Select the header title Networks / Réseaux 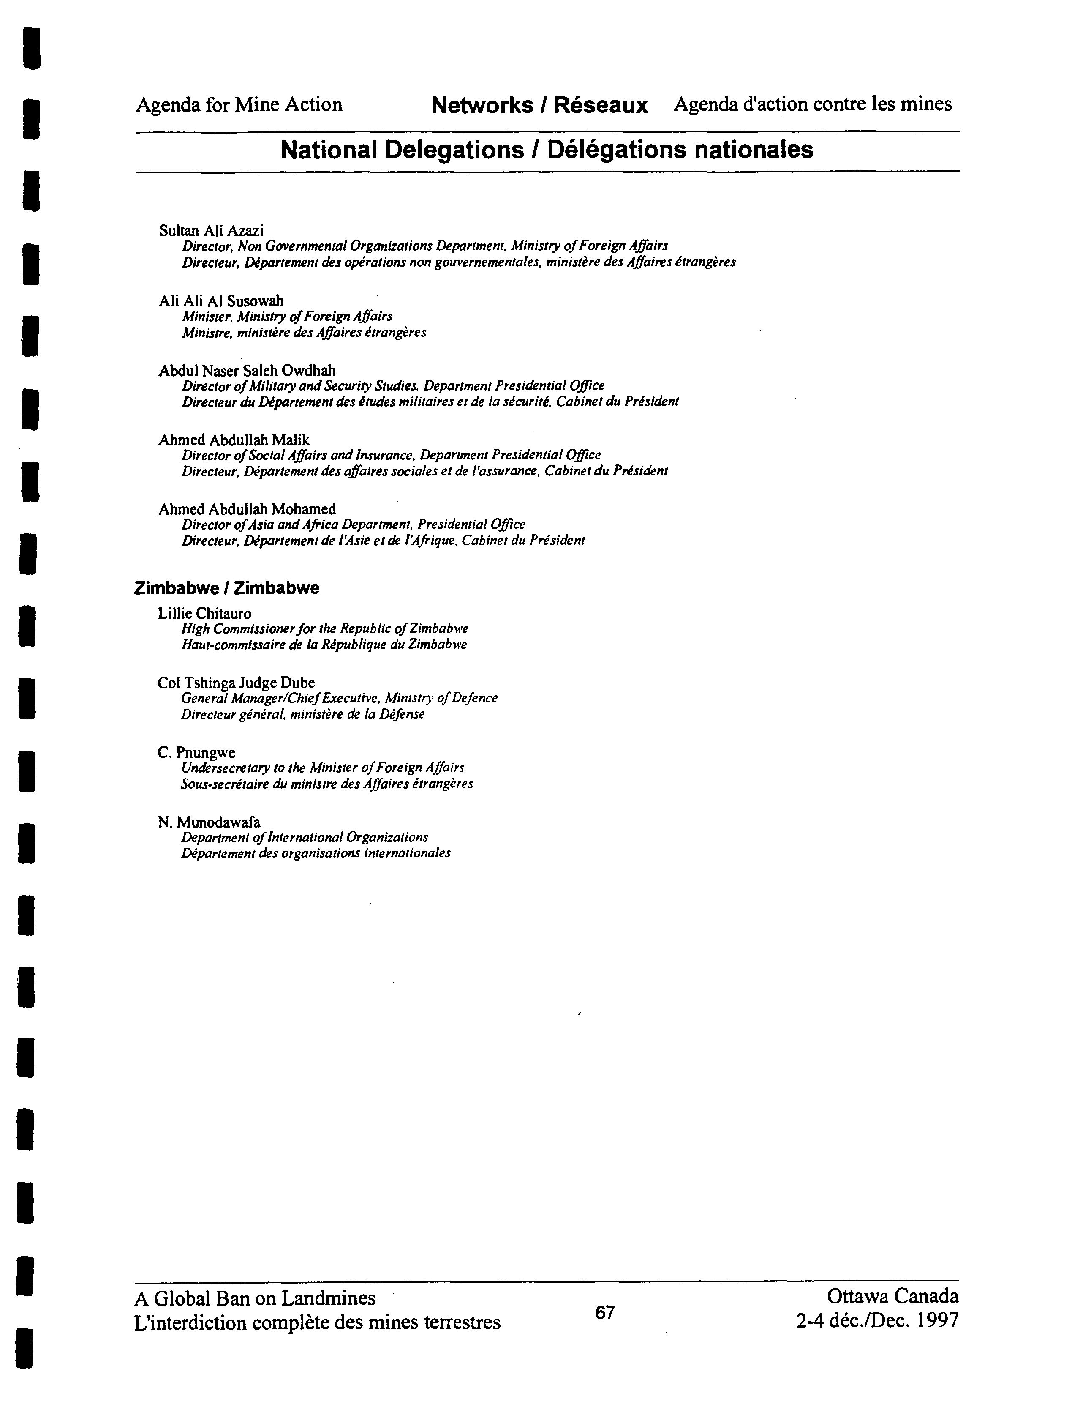click(539, 105)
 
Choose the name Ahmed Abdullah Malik click(234, 440)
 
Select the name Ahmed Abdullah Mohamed click(247, 509)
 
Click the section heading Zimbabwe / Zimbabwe click(226, 588)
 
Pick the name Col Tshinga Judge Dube click(236, 683)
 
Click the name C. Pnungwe click(196, 753)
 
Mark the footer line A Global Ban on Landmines click(255, 1298)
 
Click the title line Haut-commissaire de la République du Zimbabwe click(324, 645)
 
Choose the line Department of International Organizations click(305, 837)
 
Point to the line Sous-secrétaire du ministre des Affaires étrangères click(326, 784)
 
